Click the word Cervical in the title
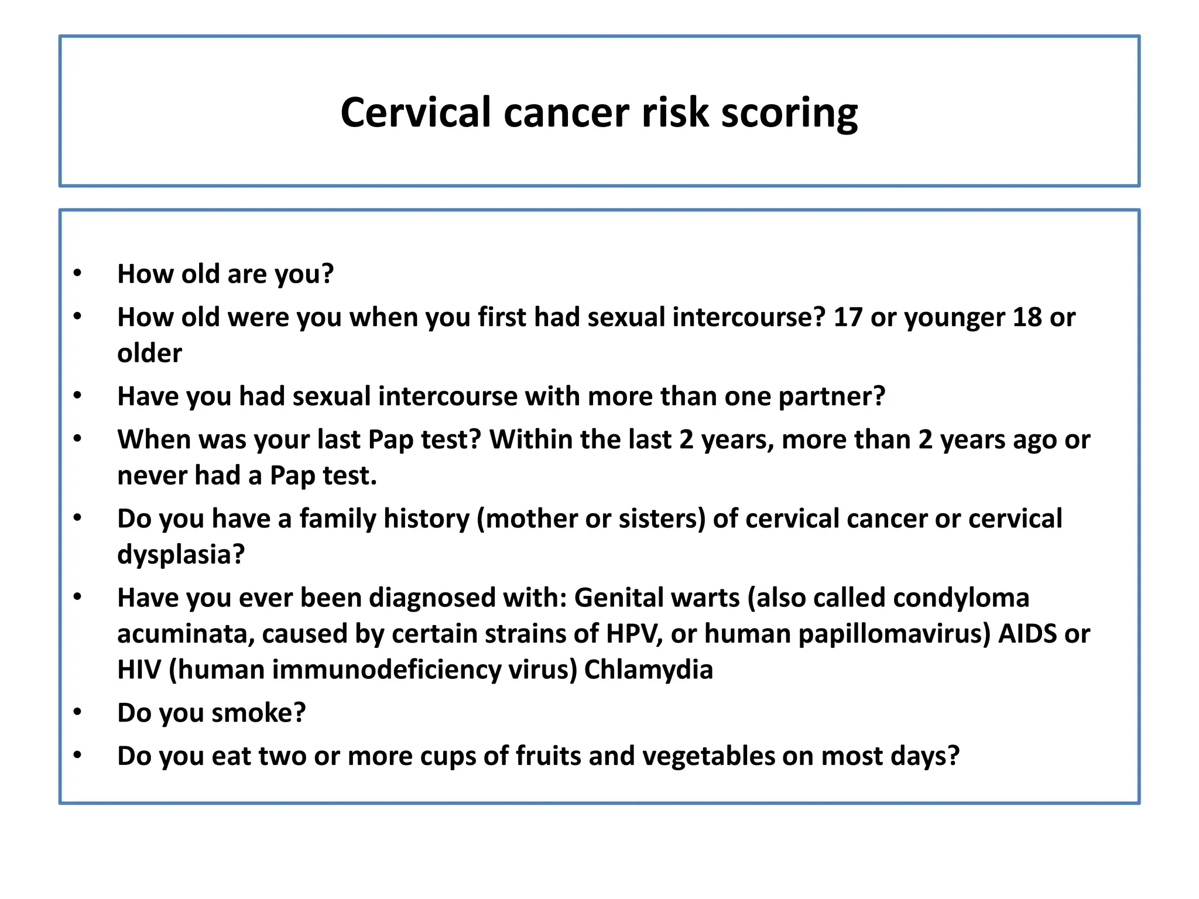tap(416, 112)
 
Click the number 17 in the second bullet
tap(848, 317)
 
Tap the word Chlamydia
tap(649, 670)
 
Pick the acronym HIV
tap(139, 670)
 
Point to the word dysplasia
tap(181, 554)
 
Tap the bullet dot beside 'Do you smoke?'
tap(77, 712)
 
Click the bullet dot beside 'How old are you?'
tap(77, 273)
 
